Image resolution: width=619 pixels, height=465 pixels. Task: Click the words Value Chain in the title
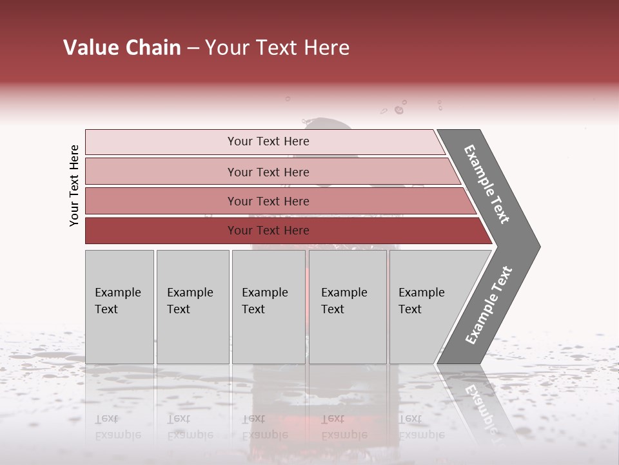click(x=122, y=48)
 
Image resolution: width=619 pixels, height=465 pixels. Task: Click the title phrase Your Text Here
click(x=277, y=48)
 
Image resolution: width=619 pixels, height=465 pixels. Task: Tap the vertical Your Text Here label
click(x=74, y=185)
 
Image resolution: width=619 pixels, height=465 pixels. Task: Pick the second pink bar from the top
click(x=268, y=172)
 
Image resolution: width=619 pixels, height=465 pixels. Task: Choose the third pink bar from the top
click(x=268, y=201)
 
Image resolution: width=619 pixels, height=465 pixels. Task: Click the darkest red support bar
click(x=268, y=231)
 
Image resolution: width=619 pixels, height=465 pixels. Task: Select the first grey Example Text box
click(x=119, y=306)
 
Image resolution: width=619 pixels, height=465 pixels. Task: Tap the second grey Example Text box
click(x=192, y=306)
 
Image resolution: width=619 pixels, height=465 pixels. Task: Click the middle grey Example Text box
click(x=268, y=306)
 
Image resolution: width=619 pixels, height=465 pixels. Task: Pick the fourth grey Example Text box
click(x=348, y=306)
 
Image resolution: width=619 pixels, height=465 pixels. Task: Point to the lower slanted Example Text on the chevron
click(x=489, y=305)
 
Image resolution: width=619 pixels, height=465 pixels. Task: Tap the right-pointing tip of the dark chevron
click(x=536, y=247)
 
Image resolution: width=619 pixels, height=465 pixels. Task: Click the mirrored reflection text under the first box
click(x=118, y=427)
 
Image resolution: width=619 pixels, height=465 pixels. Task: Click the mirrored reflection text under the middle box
click(x=265, y=427)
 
